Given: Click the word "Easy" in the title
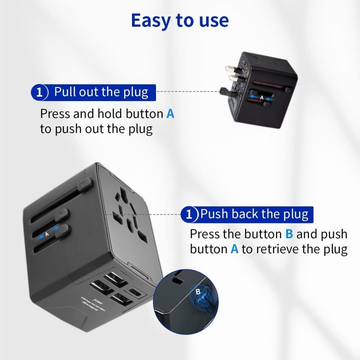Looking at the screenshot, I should coord(151,21).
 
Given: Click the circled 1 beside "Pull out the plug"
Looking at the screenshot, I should coord(40,92).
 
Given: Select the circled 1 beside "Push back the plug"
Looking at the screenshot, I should coord(189,214).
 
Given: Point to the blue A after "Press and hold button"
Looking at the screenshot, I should coord(170,114).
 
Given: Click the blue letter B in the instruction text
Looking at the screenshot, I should coord(289,234).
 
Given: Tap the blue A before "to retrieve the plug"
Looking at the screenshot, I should coord(234,249).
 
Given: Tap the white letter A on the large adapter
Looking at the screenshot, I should coord(47,234).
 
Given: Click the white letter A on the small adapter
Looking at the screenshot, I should coord(262,98).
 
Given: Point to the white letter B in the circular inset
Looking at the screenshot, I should coord(198,292).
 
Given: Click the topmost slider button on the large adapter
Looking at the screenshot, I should coord(83,183).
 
